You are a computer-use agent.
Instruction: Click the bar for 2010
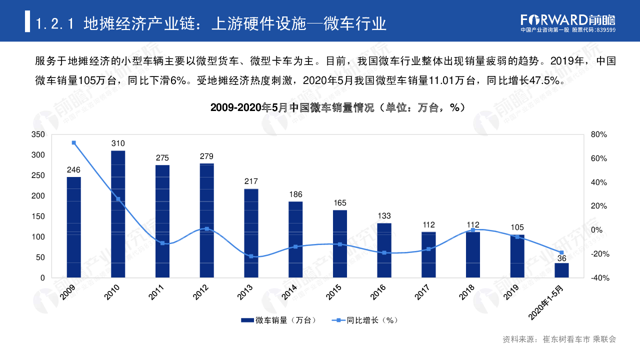[x=118, y=214]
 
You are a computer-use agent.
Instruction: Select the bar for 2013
[x=251, y=233]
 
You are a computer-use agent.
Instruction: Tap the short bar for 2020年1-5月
[x=561, y=270]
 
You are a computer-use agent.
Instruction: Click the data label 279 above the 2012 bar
[x=206, y=156]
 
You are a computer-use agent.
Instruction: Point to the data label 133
[x=384, y=216]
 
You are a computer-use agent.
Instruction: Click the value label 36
[x=561, y=258]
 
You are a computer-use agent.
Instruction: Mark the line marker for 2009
[x=74, y=142]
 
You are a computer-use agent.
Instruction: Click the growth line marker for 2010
[x=118, y=199]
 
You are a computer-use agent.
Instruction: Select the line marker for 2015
[x=340, y=244]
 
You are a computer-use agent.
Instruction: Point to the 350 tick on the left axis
[x=38, y=134]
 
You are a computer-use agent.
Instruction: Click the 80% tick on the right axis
[x=598, y=134]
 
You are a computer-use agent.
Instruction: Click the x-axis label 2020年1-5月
[x=548, y=302]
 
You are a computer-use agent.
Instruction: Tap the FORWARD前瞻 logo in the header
[x=567, y=20]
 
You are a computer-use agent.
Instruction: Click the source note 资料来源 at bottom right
[x=559, y=339]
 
